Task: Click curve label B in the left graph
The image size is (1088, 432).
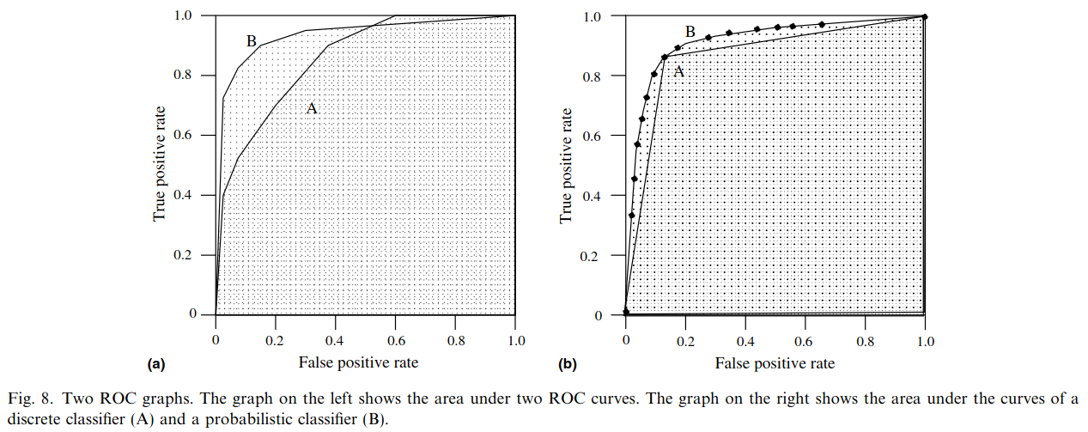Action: click(x=251, y=40)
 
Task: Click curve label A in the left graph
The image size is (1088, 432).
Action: click(x=312, y=108)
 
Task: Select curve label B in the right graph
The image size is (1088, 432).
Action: click(x=690, y=33)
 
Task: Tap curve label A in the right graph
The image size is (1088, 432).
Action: click(x=678, y=72)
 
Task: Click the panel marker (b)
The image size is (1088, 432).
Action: click(x=567, y=364)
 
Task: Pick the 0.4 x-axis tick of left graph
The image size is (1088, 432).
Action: click(x=334, y=340)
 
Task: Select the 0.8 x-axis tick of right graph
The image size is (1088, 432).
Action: click(x=865, y=341)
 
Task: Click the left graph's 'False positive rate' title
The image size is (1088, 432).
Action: click(x=358, y=362)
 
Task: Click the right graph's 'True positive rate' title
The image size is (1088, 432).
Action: click(x=566, y=166)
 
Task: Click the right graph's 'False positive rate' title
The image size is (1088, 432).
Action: click(x=775, y=363)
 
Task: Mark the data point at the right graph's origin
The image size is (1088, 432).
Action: click(x=626, y=312)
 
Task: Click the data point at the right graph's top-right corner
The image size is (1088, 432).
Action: click(x=924, y=16)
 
